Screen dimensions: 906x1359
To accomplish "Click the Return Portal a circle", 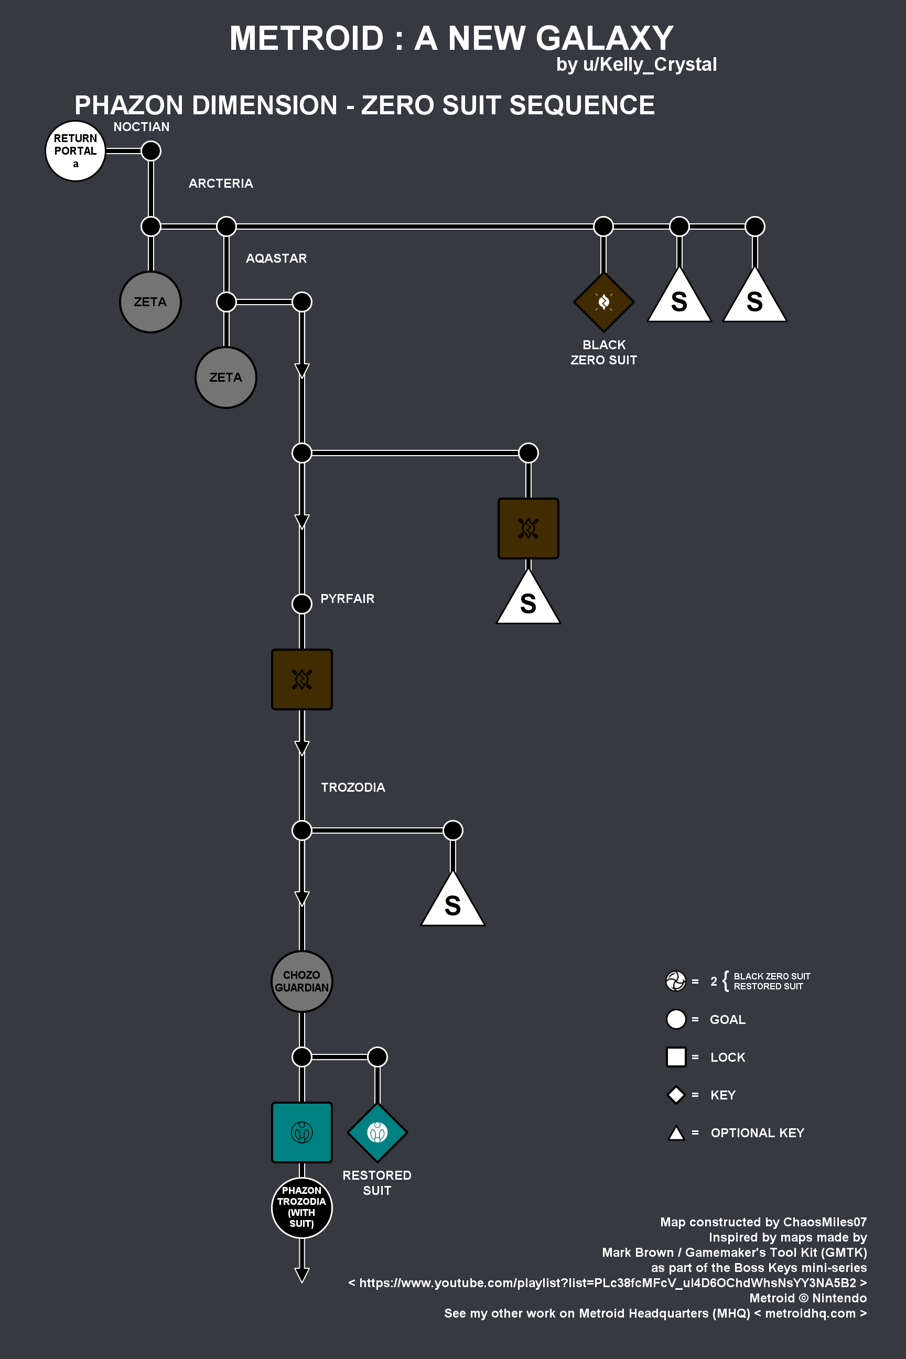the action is coord(75,151).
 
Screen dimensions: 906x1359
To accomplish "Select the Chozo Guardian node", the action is coord(301,981).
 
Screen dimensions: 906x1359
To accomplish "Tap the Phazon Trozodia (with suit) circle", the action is coord(301,1207).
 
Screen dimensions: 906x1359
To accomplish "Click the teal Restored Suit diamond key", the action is coord(377,1132).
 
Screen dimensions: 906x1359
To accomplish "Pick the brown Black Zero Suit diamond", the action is coord(604,301).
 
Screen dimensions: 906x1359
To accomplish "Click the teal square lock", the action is coord(301,1132).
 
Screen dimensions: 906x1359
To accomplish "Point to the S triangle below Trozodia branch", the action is coord(453,899).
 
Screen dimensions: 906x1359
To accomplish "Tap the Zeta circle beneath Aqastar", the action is coord(226,377).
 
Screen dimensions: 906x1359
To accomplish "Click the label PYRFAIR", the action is coord(347,599).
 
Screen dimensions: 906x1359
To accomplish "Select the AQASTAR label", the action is coord(276,258).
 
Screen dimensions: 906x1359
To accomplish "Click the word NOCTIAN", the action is coord(142,126).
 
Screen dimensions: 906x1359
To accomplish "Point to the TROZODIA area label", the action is coord(353,787).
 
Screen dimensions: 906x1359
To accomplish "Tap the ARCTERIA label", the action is coord(221,183).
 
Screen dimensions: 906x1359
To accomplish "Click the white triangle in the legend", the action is coord(676,1133).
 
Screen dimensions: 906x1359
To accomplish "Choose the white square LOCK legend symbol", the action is coord(676,1057).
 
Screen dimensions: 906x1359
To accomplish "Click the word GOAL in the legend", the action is coord(727,1019).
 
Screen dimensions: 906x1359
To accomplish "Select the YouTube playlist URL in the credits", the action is coord(608,1283).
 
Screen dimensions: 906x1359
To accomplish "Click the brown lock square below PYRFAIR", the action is coord(301,679).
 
